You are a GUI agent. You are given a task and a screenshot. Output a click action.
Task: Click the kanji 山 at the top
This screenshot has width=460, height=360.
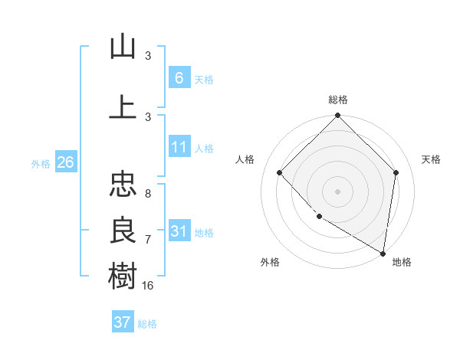[x=123, y=47]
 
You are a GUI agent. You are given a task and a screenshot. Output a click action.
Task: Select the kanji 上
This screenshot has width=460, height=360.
[x=123, y=107]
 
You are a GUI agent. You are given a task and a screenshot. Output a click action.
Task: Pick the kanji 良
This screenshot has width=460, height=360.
[x=123, y=229]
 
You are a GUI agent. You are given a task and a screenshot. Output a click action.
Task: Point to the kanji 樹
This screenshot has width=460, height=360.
[x=123, y=275]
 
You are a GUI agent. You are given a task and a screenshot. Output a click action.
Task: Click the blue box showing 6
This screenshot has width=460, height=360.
[x=179, y=78]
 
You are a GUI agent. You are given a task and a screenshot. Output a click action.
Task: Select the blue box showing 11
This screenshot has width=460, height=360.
[x=179, y=147]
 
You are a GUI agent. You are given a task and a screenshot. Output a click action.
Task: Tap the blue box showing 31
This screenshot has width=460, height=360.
[x=179, y=231]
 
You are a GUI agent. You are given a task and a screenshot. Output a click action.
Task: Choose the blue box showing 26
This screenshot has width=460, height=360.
[x=65, y=162]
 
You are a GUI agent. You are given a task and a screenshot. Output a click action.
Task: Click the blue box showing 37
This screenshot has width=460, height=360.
[x=122, y=322]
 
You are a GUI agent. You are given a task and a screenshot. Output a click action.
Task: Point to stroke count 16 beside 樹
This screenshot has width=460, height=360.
[x=149, y=285]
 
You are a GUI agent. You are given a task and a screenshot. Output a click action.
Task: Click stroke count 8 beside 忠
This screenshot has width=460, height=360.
[x=147, y=194]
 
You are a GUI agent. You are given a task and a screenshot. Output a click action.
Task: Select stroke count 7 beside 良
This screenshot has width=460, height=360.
[x=147, y=240]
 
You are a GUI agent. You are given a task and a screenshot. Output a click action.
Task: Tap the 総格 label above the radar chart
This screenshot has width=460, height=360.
[x=337, y=100]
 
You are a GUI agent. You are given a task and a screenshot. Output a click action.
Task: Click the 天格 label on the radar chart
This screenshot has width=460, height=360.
[x=431, y=159]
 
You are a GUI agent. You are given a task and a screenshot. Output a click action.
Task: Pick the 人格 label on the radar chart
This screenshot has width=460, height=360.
[x=245, y=159]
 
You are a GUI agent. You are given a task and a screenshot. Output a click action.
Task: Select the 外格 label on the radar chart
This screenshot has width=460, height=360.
[x=270, y=262]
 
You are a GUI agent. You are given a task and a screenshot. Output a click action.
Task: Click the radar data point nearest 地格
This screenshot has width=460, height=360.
[x=382, y=252]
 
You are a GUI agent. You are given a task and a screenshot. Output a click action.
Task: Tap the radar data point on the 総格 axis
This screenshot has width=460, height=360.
[x=337, y=116]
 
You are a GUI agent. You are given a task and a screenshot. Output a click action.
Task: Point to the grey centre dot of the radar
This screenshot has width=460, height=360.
[x=337, y=191]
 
